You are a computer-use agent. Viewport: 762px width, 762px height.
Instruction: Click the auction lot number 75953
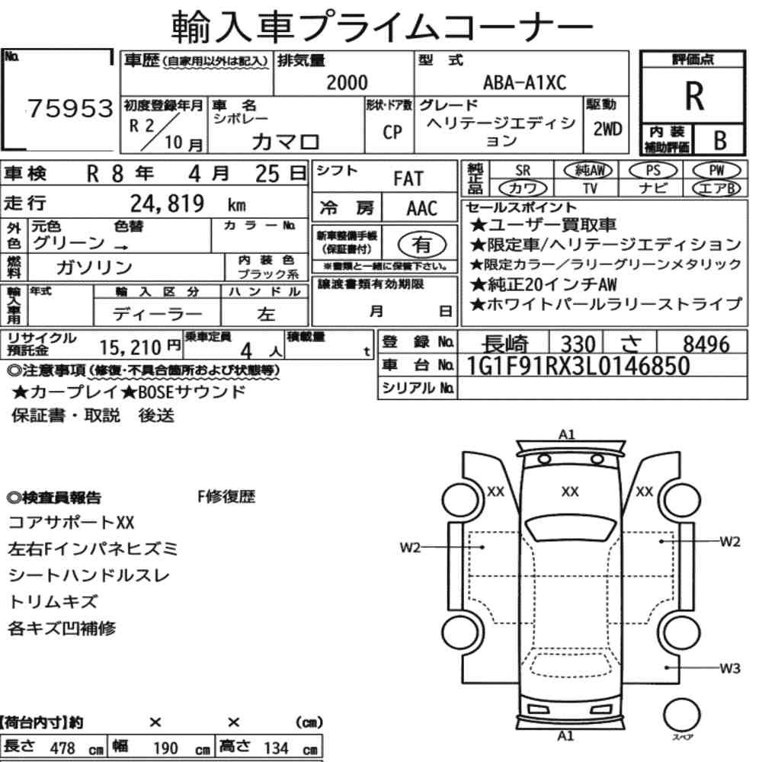tap(70, 108)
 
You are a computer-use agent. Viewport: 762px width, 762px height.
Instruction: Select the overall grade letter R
tap(694, 96)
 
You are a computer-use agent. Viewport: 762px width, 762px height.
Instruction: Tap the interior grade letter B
tap(720, 140)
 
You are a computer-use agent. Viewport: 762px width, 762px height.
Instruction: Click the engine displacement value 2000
tap(347, 82)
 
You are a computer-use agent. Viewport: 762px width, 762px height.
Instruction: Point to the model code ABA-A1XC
tap(524, 82)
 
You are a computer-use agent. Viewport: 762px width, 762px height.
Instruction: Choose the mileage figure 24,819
tap(167, 203)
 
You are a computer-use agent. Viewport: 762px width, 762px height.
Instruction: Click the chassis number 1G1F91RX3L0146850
tap(578, 366)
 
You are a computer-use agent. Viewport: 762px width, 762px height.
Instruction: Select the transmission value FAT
tap(408, 179)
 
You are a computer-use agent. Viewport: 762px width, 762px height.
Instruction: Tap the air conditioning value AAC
tap(422, 209)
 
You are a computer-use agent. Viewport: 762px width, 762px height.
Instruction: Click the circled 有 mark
tap(422, 245)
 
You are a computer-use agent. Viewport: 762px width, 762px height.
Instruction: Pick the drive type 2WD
tap(607, 130)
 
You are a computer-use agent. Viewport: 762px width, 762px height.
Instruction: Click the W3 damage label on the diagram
tap(730, 668)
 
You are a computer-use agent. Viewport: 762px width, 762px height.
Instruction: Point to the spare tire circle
tap(682, 715)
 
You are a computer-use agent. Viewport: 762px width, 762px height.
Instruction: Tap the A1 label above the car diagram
tap(567, 434)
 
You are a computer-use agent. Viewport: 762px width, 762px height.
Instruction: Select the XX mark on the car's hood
tap(569, 491)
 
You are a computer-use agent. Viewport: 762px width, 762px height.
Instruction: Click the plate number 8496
tap(706, 344)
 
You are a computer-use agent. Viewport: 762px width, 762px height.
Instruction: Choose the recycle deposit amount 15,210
tap(130, 347)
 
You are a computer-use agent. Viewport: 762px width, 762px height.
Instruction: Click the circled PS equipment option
tap(653, 171)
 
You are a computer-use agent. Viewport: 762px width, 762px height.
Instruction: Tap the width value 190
tap(165, 748)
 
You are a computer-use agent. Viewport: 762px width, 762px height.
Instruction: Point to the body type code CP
tap(392, 132)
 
